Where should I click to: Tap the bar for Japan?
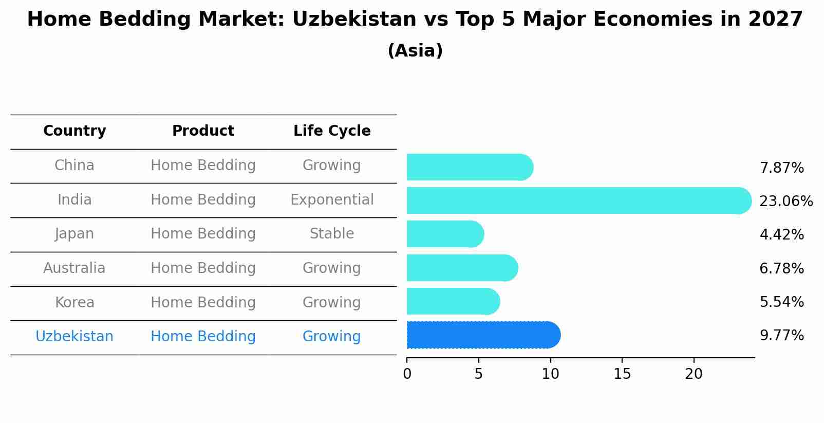pos(445,234)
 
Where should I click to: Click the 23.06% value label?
pos(785,201)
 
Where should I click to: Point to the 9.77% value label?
pos(781,336)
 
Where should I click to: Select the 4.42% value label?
pos(781,234)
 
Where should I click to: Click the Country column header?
pos(74,131)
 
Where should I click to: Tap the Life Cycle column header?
pos(332,131)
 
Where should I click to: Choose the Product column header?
pos(203,131)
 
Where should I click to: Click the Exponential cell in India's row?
pos(332,199)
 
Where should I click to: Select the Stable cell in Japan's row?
pos(332,234)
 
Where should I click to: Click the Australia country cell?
pos(74,268)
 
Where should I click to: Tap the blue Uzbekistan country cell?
pos(74,337)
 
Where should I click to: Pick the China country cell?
pos(74,165)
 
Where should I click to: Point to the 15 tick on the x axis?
pos(622,374)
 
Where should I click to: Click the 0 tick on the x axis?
pos(407,374)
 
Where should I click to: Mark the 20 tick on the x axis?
pos(694,374)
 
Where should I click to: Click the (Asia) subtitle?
pos(415,51)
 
